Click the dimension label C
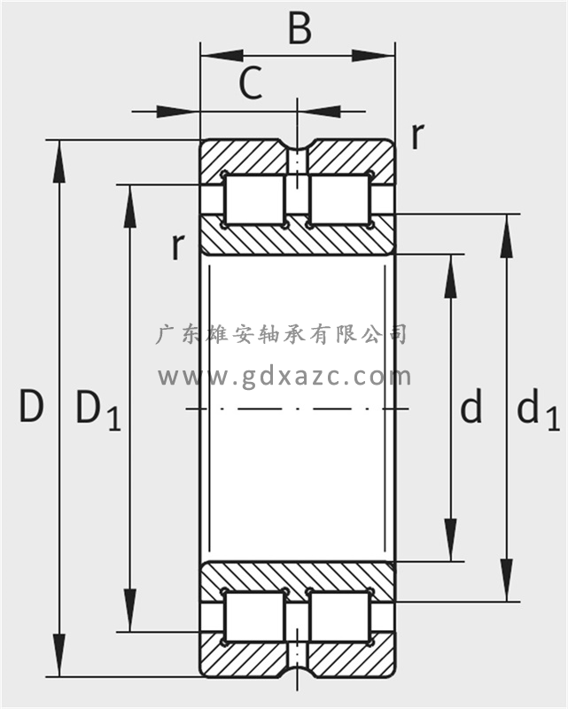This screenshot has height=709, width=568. pyautogui.click(x=251, y=85)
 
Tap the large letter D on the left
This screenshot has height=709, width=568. pyautogui.click(x=31, y=408)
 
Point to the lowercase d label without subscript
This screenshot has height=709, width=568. pyautogui.click(x=471, y=409)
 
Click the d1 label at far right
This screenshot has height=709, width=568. pyautogui.click(x=536, y=410)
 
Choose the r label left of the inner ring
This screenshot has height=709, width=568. pyautogui.click(x=178, y=246)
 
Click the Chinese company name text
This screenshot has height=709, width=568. pyautogui.click(x=282, y=334)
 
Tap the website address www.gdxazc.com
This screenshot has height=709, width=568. pyautogui.click(x=284, y=376)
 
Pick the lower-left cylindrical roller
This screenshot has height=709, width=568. pyautogui.click(x=254, y=617)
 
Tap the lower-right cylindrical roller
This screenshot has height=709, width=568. pyautogui.click(x=338, y=617)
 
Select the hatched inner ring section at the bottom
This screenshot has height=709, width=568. pyautogui.click(x=297, y=577)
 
